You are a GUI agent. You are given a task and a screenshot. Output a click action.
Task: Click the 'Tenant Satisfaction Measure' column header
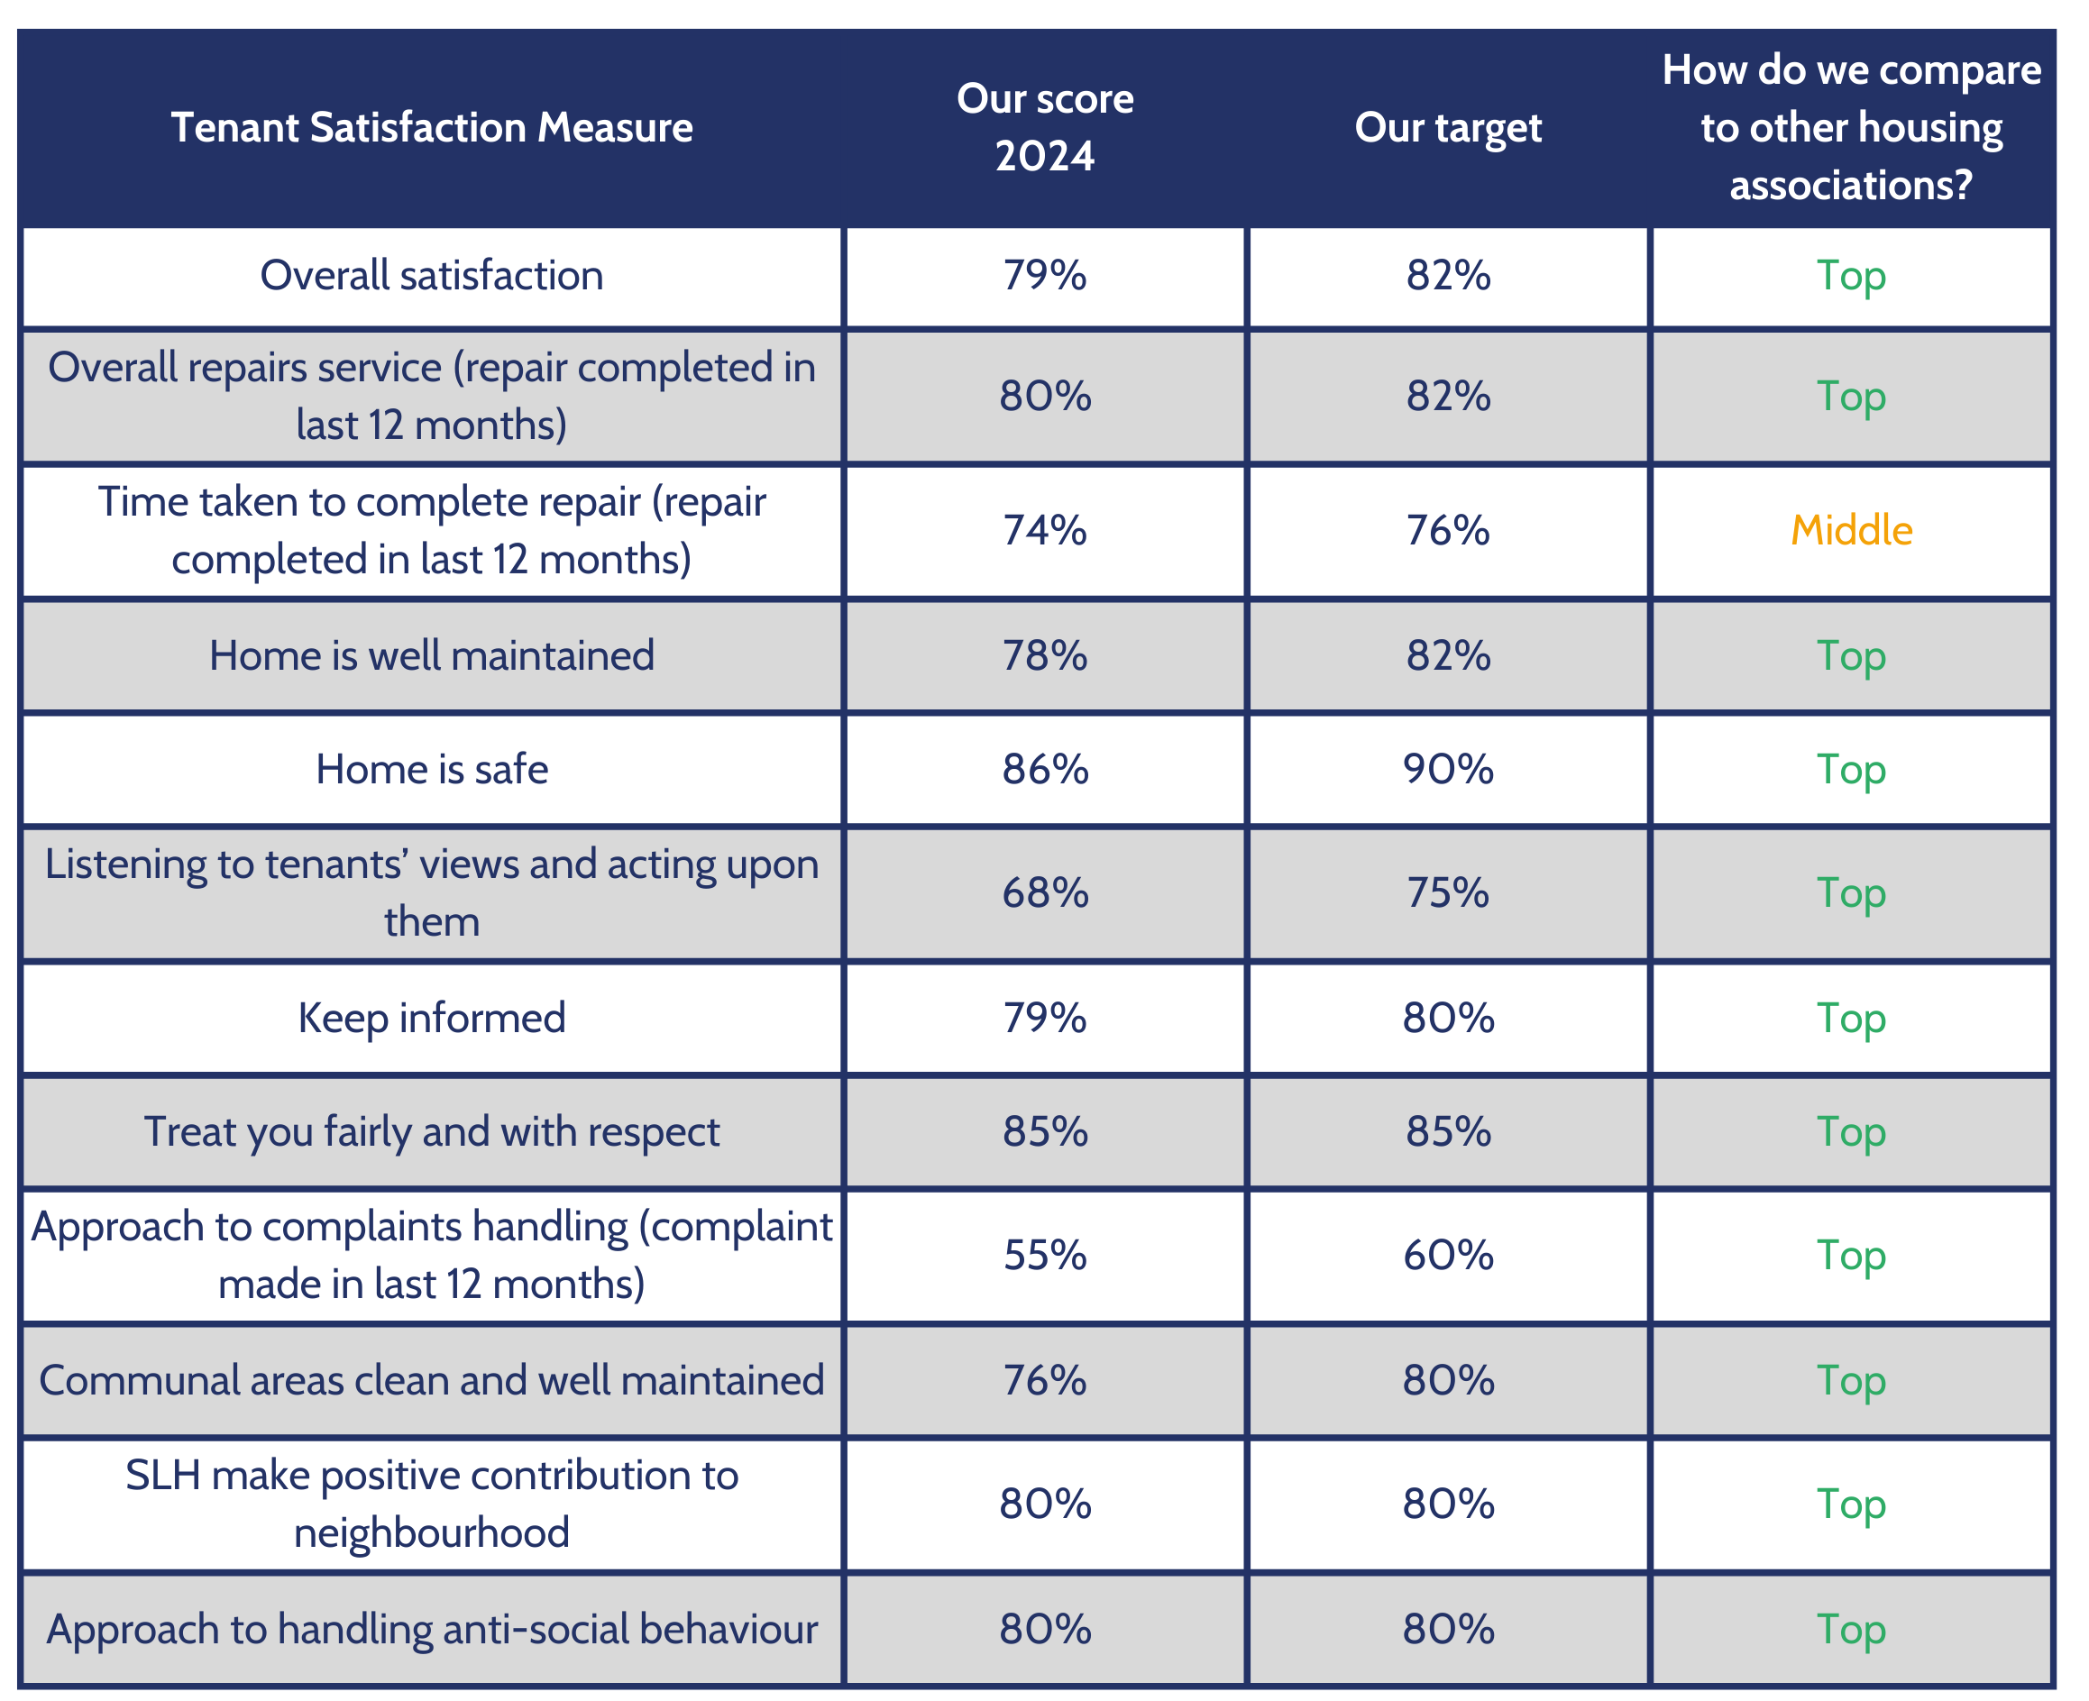[431, 128]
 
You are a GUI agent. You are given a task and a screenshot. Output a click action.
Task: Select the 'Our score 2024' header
[1044, 127]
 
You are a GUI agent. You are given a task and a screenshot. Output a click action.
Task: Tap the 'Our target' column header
[1447, 128]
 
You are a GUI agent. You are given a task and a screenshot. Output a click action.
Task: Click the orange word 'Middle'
[1850, 531]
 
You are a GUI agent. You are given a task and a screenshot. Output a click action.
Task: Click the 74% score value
[1044, 531]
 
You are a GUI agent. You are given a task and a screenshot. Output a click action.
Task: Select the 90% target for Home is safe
[1447, 770]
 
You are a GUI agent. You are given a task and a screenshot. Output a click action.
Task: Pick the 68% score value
[1044, 893]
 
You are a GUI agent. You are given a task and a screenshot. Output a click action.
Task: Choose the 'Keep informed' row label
[431, 1019]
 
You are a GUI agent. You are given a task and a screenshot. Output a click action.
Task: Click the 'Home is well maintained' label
[431, 656]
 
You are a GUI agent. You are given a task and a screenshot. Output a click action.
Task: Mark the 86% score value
[1044, 770]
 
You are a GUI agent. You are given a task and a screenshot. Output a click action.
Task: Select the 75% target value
[1447, 893]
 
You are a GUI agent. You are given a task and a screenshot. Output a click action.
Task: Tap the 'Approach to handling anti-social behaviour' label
[431, 1631]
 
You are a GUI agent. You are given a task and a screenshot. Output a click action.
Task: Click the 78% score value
[1044, 656]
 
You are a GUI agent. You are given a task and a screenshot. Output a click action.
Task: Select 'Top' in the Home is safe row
[1850, 770]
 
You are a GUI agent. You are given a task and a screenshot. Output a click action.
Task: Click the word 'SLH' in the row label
[162, 1477]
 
